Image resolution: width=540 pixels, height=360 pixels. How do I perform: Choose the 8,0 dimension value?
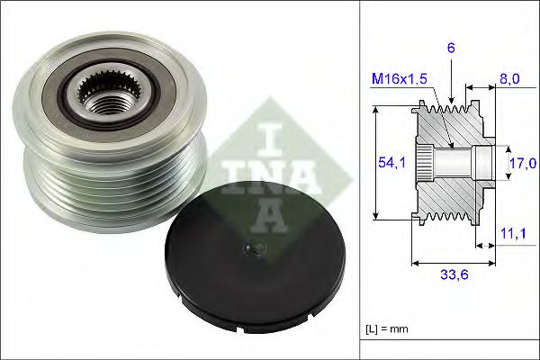(x=509, y=79)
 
